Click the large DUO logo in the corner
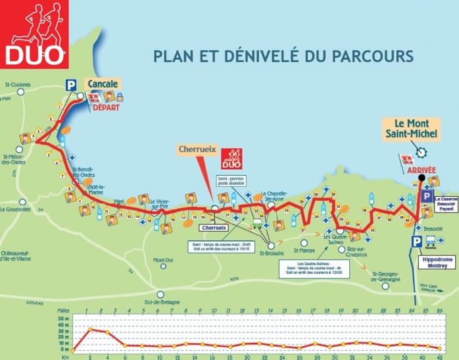click(x=35, y=34)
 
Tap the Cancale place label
click(x=102, y=84)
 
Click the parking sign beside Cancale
click(x=70, y=84)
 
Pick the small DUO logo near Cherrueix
click(x=231, y=157)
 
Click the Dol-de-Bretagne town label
click(x=161, y=303)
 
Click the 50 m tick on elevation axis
click(x=64, y=318)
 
